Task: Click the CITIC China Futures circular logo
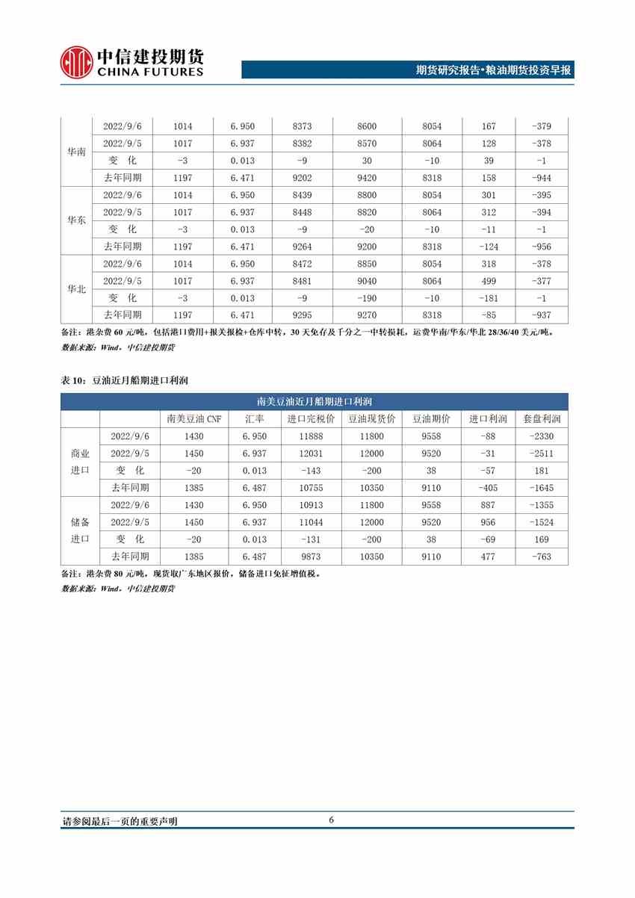(75, 63)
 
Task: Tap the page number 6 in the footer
(331, 820)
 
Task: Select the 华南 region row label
(76, 152)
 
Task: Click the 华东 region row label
(76, 220)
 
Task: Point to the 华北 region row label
(76, 289)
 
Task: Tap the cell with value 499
(489, 281)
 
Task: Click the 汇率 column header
(242, 419)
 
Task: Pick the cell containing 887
(489, 505)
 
